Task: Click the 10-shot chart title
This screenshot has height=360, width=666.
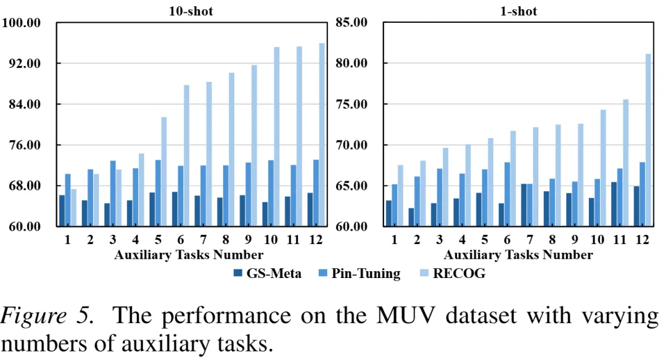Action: [x=191, y=11]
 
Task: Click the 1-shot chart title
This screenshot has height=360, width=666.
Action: [x=518, y=11]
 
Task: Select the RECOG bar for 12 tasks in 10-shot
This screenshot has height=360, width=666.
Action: [x=322, y=134]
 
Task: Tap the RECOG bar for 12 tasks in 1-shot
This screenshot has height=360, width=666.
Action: [x=648, y=140]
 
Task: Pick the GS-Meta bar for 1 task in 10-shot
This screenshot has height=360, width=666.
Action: [x=62, y=211]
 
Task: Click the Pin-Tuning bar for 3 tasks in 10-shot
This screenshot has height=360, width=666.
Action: [x=113, y=194]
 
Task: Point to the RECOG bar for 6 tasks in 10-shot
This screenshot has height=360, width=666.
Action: [x=186, y=156]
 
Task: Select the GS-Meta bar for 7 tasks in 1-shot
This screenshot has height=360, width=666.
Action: [x=524, y=205]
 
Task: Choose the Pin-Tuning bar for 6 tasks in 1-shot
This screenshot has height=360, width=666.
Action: [x=507, y=194]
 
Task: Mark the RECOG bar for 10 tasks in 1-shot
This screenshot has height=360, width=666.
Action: [x=603, y=168]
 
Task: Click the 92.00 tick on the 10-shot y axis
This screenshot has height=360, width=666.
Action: [x=25, y=63]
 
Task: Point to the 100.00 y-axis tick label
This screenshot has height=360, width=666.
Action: [x=22, y=22]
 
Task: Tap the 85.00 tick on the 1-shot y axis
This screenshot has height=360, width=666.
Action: [x=351, y=22]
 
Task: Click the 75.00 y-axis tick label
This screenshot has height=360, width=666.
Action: [x=351, y=104]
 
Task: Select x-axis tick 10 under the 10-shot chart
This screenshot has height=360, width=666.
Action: [x=271, y=240]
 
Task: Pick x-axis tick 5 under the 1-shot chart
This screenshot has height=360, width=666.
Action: [x=485, y=240]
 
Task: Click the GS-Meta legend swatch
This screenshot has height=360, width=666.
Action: [x=238, y=273]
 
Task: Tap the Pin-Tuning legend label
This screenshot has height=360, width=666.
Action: [x=366, y=274]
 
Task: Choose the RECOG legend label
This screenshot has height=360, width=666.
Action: [x=459, y=273]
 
